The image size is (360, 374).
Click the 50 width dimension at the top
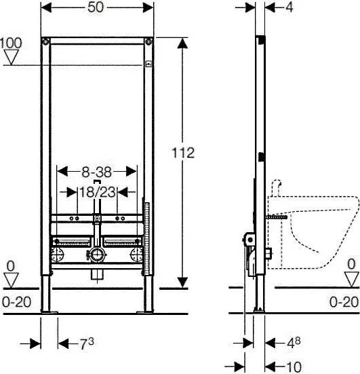coord(96,7)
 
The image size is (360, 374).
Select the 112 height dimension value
coord(183,153)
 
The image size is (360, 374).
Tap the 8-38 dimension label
coord(96,172)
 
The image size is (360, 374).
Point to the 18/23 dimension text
coord(97,192)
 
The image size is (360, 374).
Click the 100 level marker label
coord(11,43)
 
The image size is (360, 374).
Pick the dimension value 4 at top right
coord(289,7)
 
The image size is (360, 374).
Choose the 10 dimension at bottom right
coord(294,367)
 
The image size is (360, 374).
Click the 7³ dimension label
coord(86,343)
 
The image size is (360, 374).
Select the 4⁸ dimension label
coord(294,343)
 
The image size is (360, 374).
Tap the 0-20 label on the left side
coord(16,302)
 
